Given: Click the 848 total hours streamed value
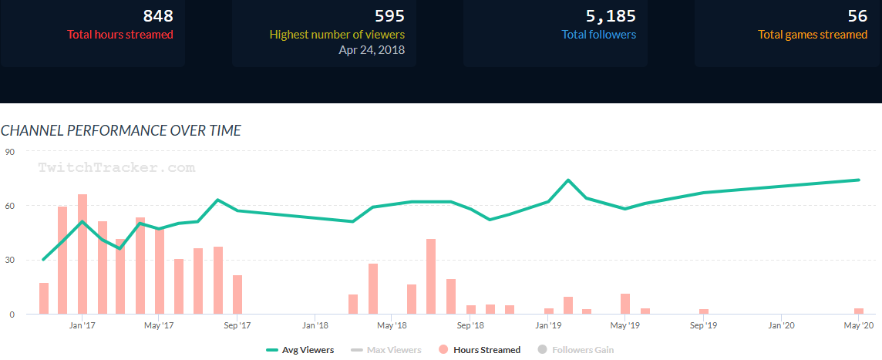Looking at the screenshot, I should click(157, 16).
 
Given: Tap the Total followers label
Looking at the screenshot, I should click(599, 34).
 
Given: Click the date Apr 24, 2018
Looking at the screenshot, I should click(372, 50).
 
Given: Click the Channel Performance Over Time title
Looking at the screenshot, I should click(121, 130).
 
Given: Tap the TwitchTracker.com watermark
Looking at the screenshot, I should click(116, 167).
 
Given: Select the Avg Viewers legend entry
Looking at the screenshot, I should click(301, 350).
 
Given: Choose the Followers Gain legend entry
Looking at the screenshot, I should click(574, 350).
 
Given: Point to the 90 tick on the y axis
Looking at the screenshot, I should click(11, 152).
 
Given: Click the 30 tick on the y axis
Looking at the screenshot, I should click(11, 261).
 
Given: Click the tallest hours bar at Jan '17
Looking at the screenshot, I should click(82, 254).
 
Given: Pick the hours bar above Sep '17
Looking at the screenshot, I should click(237, 294).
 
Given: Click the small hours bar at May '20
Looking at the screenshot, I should click(858, 311).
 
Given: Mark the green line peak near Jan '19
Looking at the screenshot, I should click(568, 180).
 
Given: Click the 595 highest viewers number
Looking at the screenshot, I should click(389, 16).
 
